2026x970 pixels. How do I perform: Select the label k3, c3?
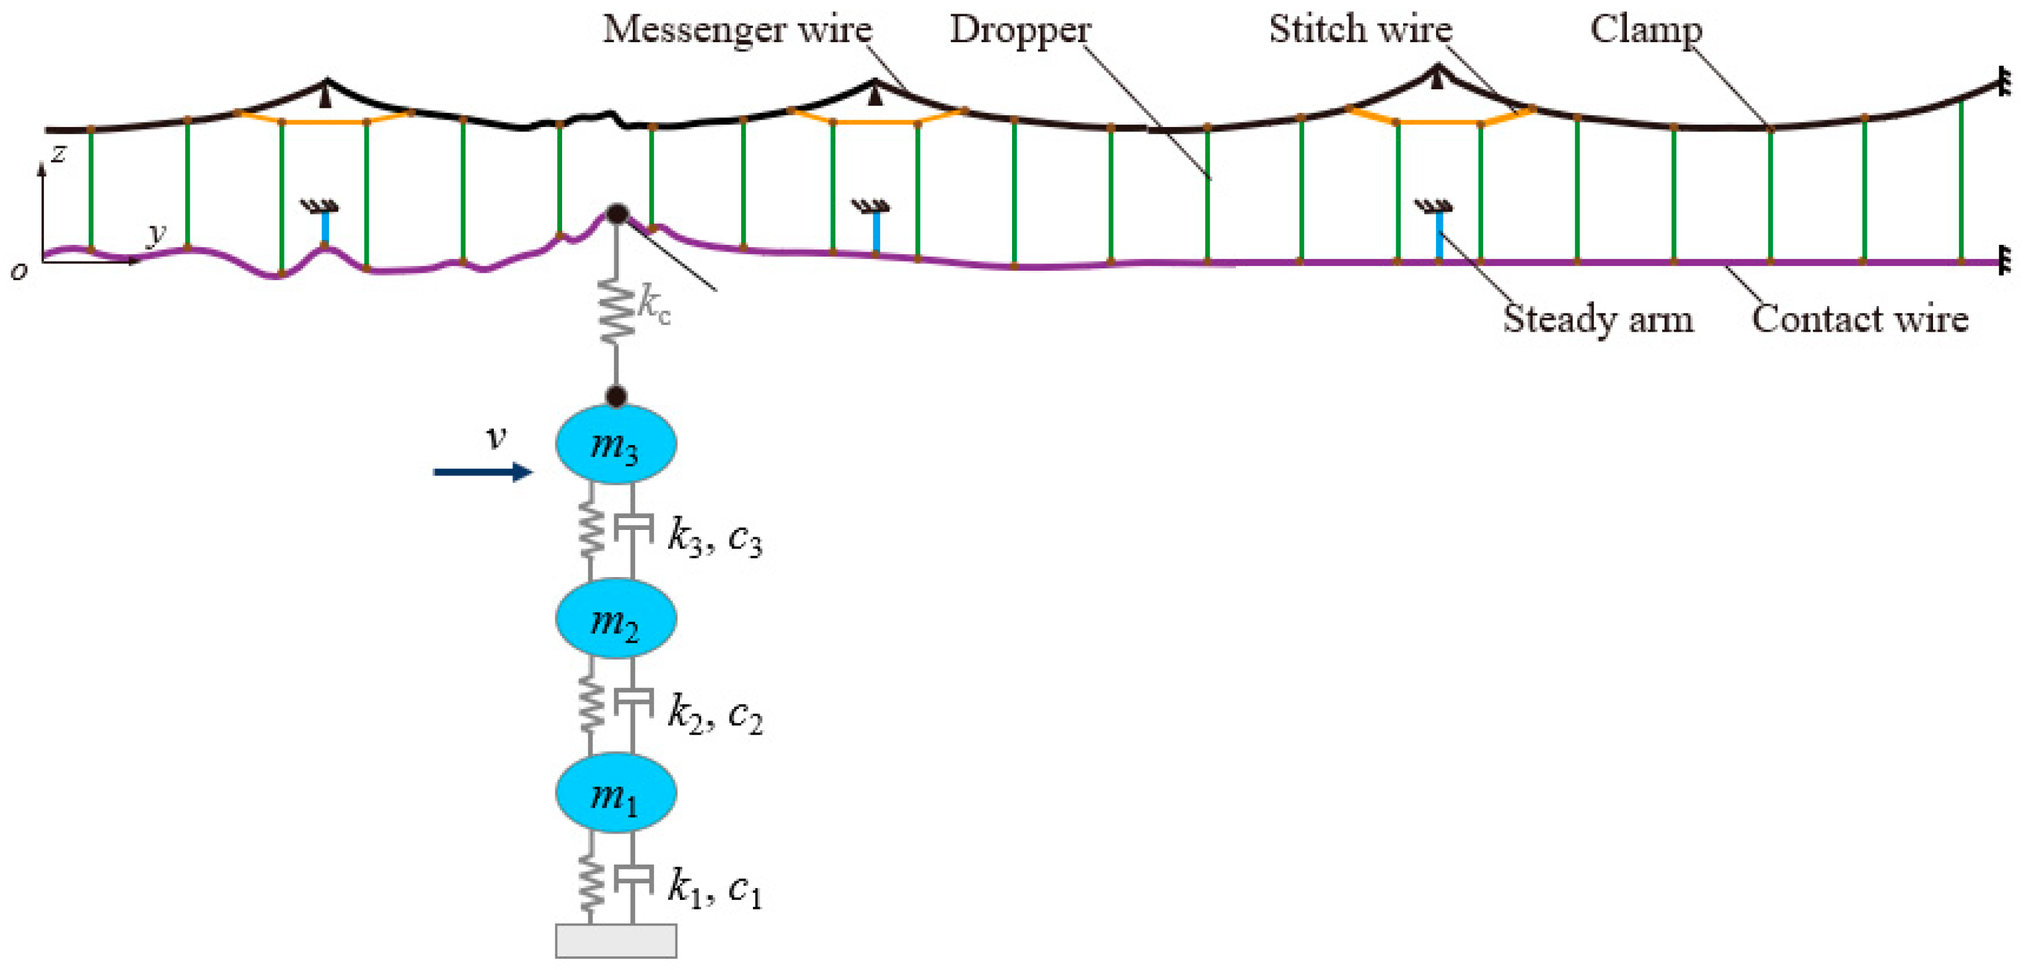[x=714, y=538]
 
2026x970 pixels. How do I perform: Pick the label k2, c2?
[x=714, y=713]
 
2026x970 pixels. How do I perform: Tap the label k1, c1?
[x=714, y=889]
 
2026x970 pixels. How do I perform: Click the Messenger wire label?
[x=737, y=30]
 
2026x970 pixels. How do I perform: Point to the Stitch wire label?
[x=1360, y=30]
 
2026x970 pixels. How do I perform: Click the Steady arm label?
[x=1597, y=319]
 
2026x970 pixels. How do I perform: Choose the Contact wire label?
[x=1859, y=319]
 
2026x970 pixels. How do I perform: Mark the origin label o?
[x=19, y=271]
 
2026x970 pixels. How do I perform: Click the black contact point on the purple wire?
[x=617, y=214]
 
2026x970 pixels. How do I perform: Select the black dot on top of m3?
[x=616, y=395]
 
